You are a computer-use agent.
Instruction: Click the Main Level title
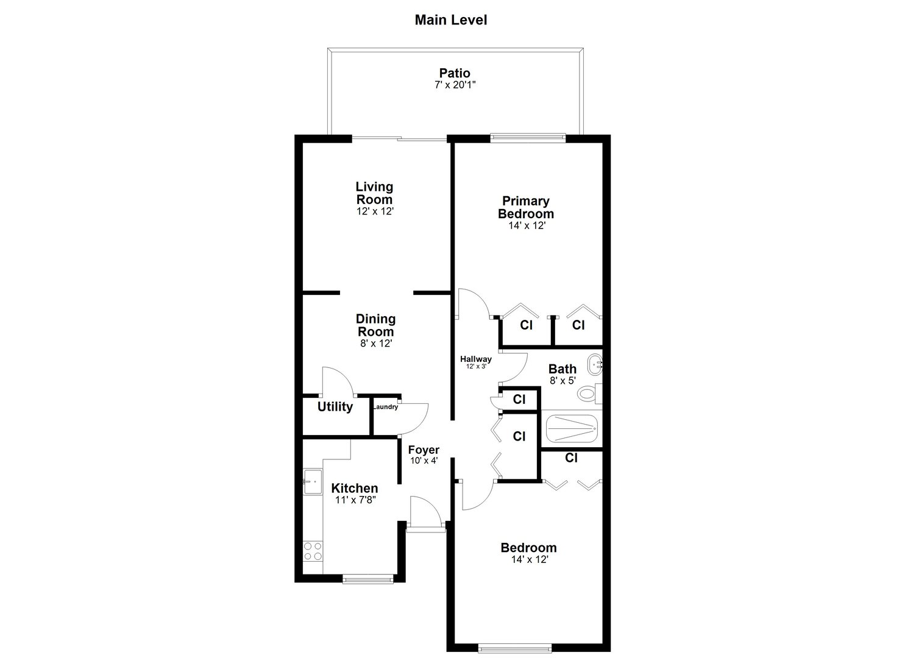tap(450, 20)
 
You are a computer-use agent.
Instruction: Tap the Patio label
tap(455, 74)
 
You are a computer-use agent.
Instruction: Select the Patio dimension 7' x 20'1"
tap(455, 85)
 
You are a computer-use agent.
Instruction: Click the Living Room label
tap(374, 193)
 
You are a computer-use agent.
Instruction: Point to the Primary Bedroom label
tap(525, 207)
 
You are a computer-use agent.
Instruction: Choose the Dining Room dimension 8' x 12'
tap(375, 344)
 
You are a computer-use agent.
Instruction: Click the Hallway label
tap(475, 359)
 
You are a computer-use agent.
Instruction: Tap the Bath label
tap(562, 369)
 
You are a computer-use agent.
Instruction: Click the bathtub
tap(571, 429)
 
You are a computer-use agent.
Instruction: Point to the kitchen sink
tap(312, 481)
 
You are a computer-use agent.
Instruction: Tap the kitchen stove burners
tap(313, 551)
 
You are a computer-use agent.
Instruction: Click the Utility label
tap(335, 407)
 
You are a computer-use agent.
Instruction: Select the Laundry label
tap(385, 407)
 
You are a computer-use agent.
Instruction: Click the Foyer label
tap(424, 450)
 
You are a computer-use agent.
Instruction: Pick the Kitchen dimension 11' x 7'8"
tap(355, 500)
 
